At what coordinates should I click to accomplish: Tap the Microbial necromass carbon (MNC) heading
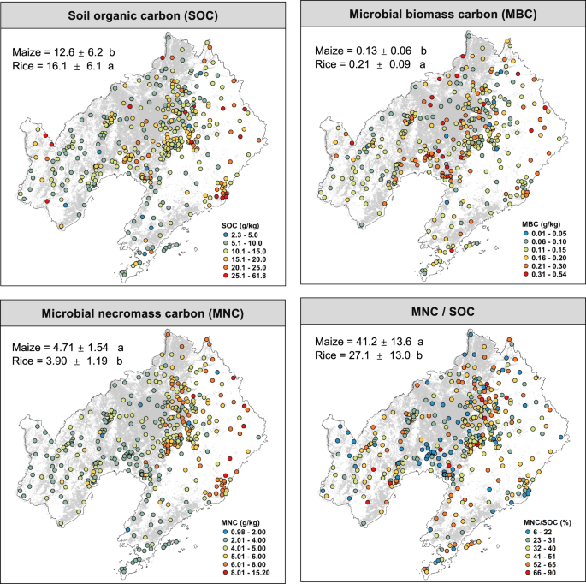(142, 314)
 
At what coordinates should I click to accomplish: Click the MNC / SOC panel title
(439, 314)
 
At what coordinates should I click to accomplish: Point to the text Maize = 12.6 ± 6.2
(64, 53)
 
